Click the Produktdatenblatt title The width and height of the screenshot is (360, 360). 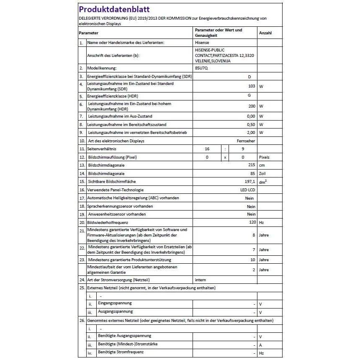[x=114, y=9]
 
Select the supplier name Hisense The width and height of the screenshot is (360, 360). [x=202, y=43]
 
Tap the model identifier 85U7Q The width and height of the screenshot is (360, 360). [x=201, y=67]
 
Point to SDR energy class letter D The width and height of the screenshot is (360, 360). [x=249, y=77]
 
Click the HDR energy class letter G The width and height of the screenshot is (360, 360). [x=249, y=96]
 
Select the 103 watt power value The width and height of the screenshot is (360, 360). [x=251, y=86]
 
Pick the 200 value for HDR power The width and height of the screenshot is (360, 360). [x=252, y=106]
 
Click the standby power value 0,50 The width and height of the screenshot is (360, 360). [x=251, y=124]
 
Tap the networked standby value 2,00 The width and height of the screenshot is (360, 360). [x=251, y=133]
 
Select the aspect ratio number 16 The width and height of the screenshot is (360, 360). [x=207, y=149]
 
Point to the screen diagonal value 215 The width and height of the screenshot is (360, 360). [x=252, y=165]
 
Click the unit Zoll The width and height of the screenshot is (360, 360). [x=263, y=173]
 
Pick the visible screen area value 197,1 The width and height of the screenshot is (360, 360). [x=249, y=182]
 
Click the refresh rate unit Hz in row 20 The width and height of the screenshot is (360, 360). [x=262, y=222]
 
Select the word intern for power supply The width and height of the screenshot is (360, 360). [x=201, y=279]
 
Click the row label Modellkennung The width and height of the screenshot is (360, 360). [x=101, y=67]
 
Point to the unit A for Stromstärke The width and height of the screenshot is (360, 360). [x=260, y=345]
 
